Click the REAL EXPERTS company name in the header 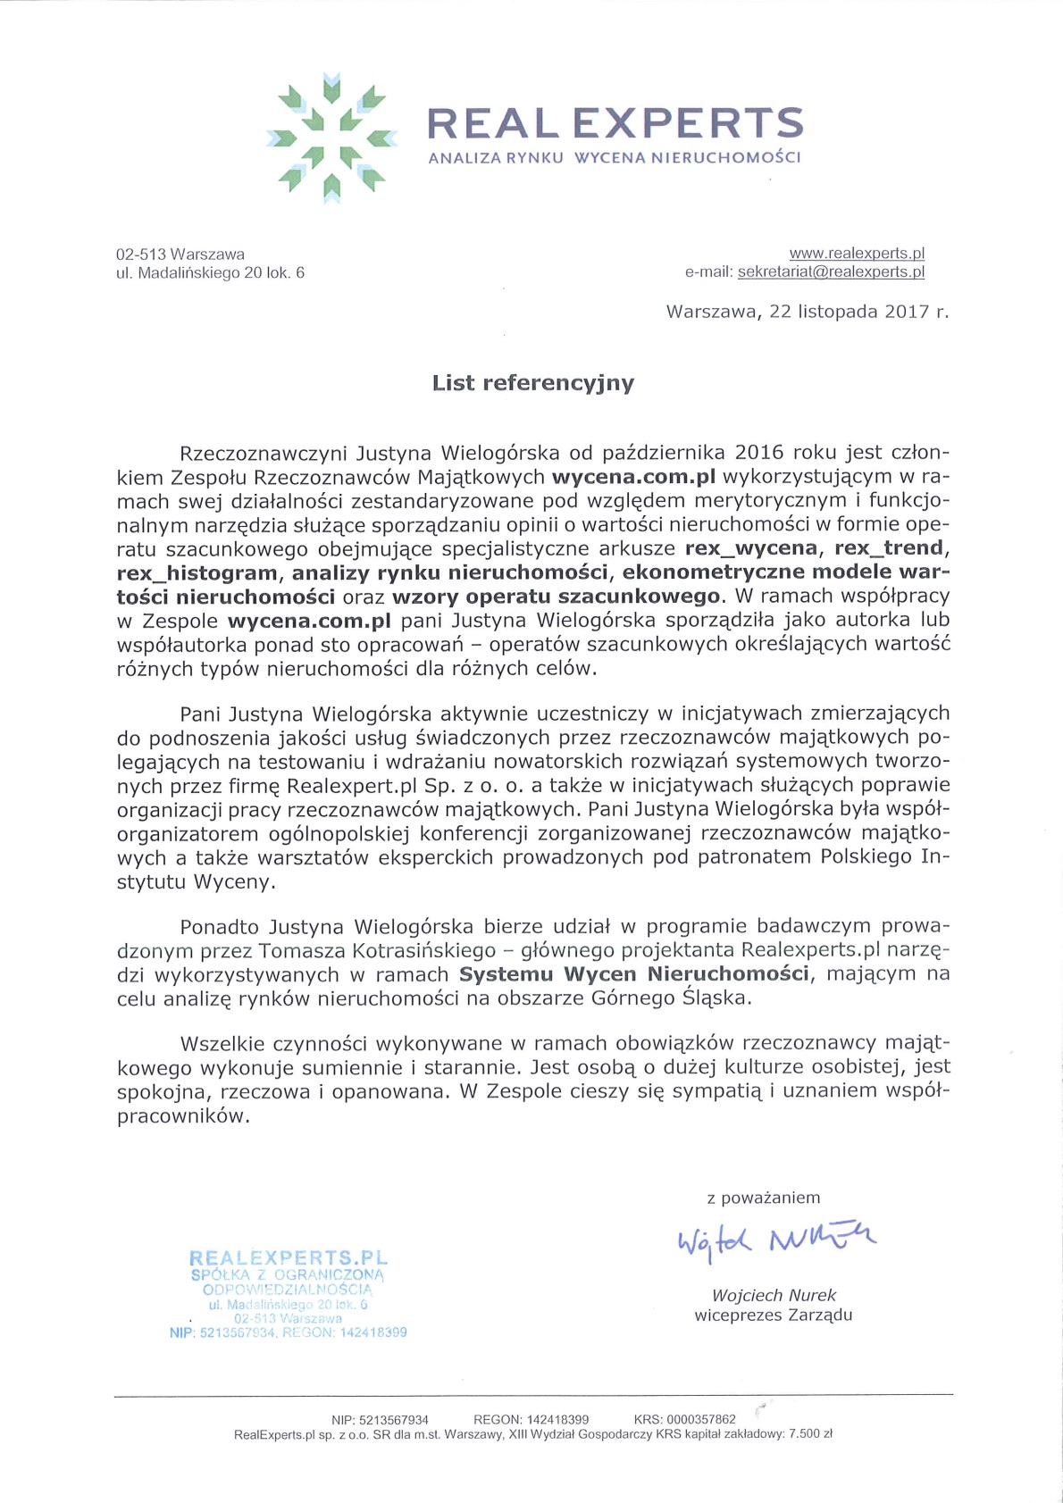(615, 123)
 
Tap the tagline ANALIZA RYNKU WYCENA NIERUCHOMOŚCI (615, 158)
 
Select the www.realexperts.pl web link (857, 254)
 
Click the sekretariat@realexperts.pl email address (831, 272)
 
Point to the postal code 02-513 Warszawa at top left (180, 255)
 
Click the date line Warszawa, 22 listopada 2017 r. (808, 312)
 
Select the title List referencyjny (533, 383)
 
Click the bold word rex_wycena (751, 547)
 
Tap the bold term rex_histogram (197, 572)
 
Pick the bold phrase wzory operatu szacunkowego (556, 596)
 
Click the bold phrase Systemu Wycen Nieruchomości (634, 973)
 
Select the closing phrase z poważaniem (763, 1198)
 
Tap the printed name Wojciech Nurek (774, 1295)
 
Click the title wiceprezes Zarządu (774, 1315)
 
